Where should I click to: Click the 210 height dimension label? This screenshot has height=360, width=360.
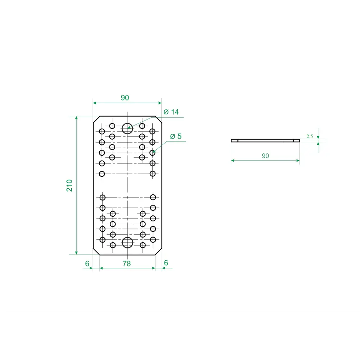pos(69,185)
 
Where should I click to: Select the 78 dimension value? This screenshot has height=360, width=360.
pos(126,264)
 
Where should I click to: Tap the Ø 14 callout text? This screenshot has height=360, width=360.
pos(171,112)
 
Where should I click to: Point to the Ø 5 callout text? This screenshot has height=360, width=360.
pos(176,136)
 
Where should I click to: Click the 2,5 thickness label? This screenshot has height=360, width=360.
pos(310,136)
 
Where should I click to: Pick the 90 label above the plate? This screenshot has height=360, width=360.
pos(125,98)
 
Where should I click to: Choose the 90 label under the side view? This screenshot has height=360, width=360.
pos(265,156)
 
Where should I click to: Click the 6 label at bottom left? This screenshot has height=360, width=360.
pos(87,264)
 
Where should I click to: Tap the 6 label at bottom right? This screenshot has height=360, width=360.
pos(166,263)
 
